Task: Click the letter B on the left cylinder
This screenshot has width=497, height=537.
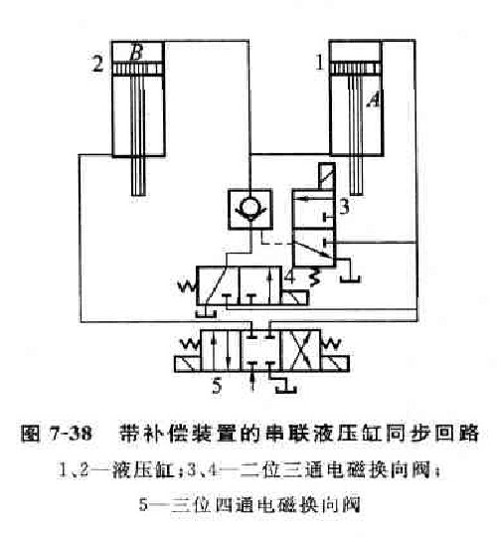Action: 136,53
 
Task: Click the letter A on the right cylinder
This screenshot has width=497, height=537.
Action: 373,100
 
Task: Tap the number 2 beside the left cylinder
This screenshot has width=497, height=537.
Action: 97,64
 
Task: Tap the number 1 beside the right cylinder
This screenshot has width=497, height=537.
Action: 320,63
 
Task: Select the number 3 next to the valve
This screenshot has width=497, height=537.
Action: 344,207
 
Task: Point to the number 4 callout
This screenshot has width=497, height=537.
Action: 289,276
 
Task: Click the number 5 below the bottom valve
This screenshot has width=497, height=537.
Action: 217,386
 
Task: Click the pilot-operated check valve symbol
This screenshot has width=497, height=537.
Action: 250,209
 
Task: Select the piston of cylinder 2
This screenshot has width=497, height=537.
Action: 138,69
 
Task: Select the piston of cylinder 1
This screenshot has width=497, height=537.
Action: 356,68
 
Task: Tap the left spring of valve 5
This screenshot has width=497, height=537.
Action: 190,343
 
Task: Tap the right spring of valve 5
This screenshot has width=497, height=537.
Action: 330,343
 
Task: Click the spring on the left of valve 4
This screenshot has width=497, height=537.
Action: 187,286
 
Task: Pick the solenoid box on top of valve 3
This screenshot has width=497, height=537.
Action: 327,176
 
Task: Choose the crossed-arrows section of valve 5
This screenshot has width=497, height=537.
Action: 300,351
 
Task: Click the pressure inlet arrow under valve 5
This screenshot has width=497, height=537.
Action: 252,381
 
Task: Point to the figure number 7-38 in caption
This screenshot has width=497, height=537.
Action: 71,433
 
